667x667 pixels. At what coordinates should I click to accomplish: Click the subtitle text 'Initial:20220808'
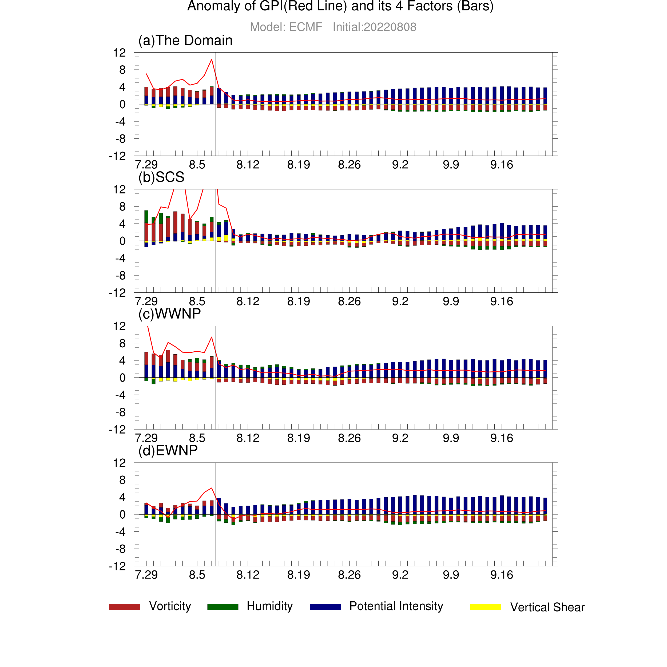click(375, 27)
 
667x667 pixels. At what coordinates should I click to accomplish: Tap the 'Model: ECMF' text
click(286, 27)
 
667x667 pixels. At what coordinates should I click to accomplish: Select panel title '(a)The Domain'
click(185, 40)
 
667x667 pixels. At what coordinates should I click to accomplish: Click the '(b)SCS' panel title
click(161, 177)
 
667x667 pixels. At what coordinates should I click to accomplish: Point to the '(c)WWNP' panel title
click(169, 314)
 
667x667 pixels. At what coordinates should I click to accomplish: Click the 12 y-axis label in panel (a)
click(120, 53)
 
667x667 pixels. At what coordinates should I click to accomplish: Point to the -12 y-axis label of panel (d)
click(117, 566)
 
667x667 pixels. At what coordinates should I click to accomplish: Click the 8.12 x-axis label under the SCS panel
click(248, 301)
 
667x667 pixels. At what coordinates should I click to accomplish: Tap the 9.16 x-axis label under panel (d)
click(502, 575)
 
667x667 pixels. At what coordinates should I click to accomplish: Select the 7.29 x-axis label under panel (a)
click(146, 165)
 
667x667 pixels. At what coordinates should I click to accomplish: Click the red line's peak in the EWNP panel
click(212, 488)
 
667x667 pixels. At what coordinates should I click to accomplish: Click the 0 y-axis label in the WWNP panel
click(122, 378)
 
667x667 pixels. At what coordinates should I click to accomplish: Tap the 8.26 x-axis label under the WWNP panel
click(350, 438)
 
